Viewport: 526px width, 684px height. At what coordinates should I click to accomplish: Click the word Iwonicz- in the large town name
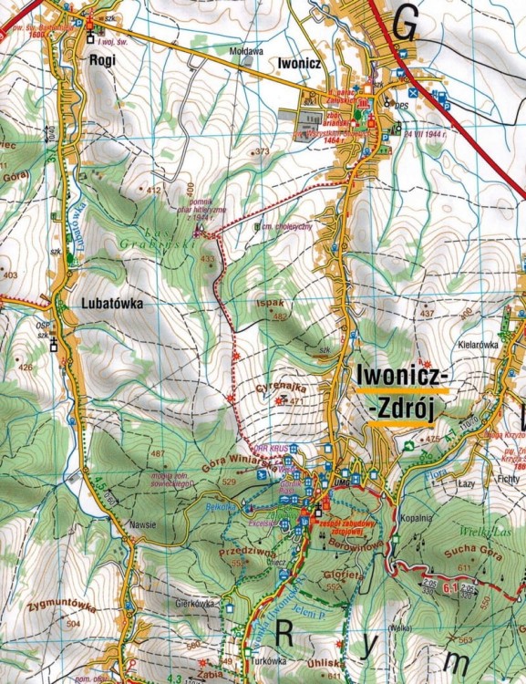pyautogui.click(x=400, y=375)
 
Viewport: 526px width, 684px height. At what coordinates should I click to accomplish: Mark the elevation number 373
pyautogui.click(x=263, y=151)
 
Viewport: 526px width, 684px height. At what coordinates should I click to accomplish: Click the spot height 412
pyautogui.click(x=153, y=190)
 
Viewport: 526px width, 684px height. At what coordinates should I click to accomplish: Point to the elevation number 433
pyautogui.click(x=208, y=260)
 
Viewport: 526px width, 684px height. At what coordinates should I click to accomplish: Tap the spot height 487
pyautogui.click(x=159, y=453)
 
